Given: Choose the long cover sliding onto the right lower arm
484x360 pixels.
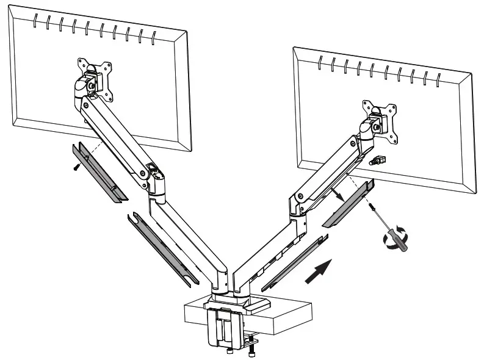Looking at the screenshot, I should click(291, 263).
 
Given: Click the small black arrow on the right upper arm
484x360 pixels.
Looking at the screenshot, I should click(337, 193).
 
